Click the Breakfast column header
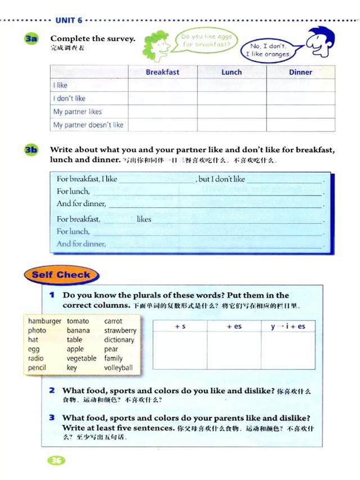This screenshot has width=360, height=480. pyautogui.click(x=163, y=72)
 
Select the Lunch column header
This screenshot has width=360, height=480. pyautogui.click(x=231, y=72)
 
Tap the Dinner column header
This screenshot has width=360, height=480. pyautogui.click(x=300, y=72)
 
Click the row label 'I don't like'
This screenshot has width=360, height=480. pyautogui.click(x=69, y=98)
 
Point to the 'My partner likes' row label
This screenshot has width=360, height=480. pyautogui.click(x=78, y=111)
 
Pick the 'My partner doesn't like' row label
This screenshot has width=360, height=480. pyautogui.click(x=88, y=125)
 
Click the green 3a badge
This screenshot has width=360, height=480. pyautogui.click(x=31, y=39)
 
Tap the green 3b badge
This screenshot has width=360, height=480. pyautogui.click(x=31, y=150)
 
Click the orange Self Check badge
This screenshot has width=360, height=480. pyautogui.click(x=61, y=275)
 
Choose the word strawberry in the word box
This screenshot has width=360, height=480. pyautogui.click(x=120, y=331)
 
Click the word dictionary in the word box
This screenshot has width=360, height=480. pyautogui.click(x=119, y=340)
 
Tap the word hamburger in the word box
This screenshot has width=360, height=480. pyautogui.click(x=44, y=321)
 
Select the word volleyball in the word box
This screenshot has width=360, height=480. pyautogui.click(x=118, y=368)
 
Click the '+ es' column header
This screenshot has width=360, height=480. pyautogui.click(x=234, y=326)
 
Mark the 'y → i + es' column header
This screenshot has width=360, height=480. pyautogui.click(x=287, y=326)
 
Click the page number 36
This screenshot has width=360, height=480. pyautogui.click(x=56, y=461)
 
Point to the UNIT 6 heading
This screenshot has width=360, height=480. pyautogui.click(x=69, y=20)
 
